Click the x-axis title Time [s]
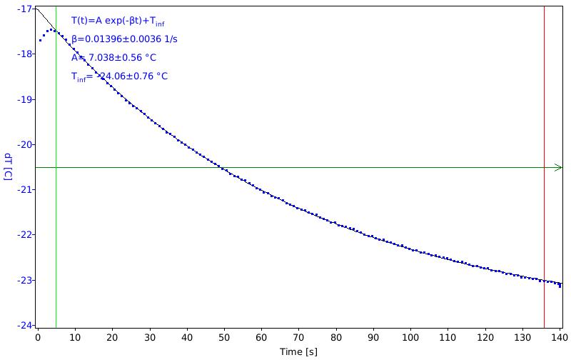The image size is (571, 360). pos(298,351)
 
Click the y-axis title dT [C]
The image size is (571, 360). pos(8,166)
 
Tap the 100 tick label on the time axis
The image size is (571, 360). pos(410,337)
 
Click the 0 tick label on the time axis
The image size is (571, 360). pos(38,337)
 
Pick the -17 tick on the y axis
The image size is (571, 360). pos(34,9)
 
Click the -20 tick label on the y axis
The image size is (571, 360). pos(24,145)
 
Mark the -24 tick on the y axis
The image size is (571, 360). pos(34,326)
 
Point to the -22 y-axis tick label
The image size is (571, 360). pos(24,235)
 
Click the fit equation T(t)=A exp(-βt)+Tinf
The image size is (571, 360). pos(118,21)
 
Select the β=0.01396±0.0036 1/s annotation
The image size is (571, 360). pos(124,39)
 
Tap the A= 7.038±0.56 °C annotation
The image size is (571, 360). pos(113,58)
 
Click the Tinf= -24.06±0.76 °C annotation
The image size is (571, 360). pos(119,76)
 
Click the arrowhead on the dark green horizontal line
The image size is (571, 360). pos(559,168)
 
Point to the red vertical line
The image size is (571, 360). pos(545,167)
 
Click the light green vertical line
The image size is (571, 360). pos(56,167)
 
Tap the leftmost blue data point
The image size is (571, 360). pos(40,40)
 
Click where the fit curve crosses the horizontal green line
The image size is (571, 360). pos(220,168)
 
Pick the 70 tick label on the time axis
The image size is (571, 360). pos(298,337)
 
